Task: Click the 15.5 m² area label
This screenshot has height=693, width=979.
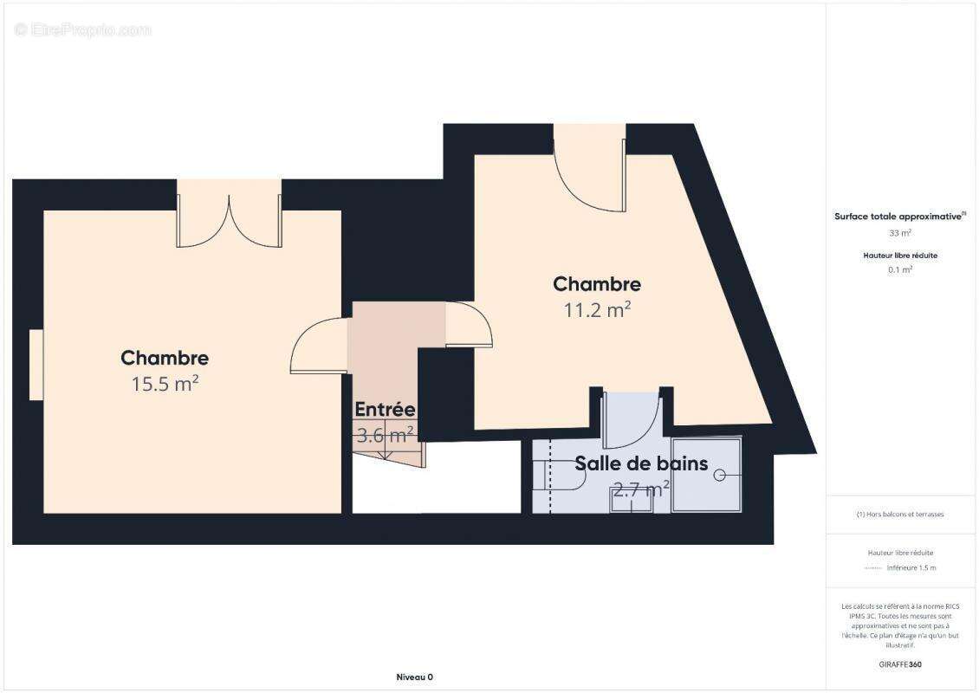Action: (165, 384)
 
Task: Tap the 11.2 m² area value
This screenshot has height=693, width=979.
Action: (597, 309)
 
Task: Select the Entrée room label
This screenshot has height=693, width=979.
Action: (385, 410)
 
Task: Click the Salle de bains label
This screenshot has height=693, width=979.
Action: (641, 464)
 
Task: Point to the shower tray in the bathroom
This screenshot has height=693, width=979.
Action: (707, 475)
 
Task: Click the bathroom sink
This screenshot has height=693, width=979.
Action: (631, 500)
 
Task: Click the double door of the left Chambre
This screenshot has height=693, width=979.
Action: (229, 220)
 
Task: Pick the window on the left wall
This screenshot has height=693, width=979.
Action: (36, 365)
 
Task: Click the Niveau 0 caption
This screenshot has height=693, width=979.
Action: (413, 677)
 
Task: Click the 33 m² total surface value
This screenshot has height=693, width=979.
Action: (900, 233)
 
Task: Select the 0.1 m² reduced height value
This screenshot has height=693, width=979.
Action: (900, 269)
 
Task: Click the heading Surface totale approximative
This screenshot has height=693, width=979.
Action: (899, 217)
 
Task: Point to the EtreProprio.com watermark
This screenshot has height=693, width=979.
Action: (82, 29)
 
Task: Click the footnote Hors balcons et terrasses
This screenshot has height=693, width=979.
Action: (900, 515)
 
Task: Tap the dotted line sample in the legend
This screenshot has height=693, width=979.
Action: (873, 568)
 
